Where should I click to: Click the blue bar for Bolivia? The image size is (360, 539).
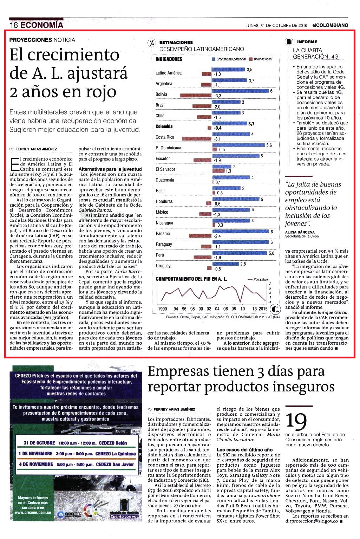pos(240,91)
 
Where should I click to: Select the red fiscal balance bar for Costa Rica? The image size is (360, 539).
pos(197,138)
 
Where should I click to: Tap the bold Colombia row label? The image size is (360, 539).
pos(164,126)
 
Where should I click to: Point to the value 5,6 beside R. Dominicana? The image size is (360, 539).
pos(269,145)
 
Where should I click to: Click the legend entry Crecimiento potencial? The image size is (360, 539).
pos(229,59)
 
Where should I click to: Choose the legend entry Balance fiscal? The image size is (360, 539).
pos(261,59)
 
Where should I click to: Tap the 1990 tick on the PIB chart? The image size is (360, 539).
pos(163,309)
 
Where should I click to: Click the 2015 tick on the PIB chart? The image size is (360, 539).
pos(263,309)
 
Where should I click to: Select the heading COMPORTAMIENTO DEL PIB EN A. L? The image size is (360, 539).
pos(191,279)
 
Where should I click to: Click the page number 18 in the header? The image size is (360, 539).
pos(14,25)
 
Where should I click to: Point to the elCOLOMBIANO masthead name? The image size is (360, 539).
pos(330,25)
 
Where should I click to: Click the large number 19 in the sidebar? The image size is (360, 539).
pos(296,422)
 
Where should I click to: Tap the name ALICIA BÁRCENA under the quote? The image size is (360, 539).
pos(300,232)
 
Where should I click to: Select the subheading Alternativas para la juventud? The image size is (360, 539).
pos(110,169)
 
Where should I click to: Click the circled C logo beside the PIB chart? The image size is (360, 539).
pos(275,309)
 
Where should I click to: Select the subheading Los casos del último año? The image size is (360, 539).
pos(244,449)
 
